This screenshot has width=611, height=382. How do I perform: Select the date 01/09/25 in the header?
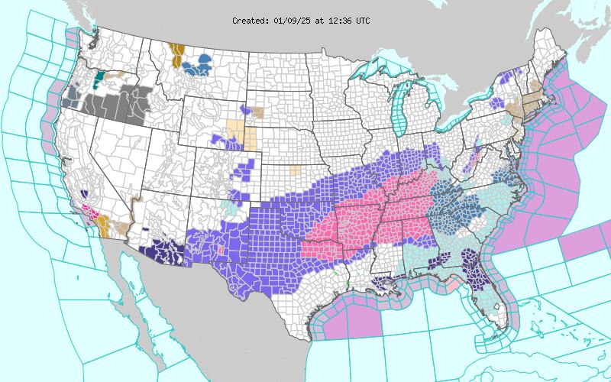[x=290, y=21]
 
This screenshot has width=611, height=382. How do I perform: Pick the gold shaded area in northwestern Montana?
[x=177, y=56]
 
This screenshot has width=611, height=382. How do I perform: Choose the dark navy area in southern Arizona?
[x=164, y=249]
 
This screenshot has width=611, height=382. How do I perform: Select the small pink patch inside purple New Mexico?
[x=221, y=250]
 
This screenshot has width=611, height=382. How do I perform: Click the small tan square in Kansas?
[x=295, y=169]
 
